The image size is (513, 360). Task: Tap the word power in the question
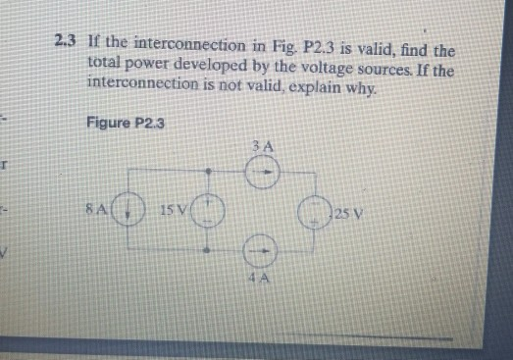(x=147, y=61)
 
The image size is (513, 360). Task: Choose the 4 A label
(x=258, y=281)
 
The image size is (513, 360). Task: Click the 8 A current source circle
(x=128, y=211)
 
